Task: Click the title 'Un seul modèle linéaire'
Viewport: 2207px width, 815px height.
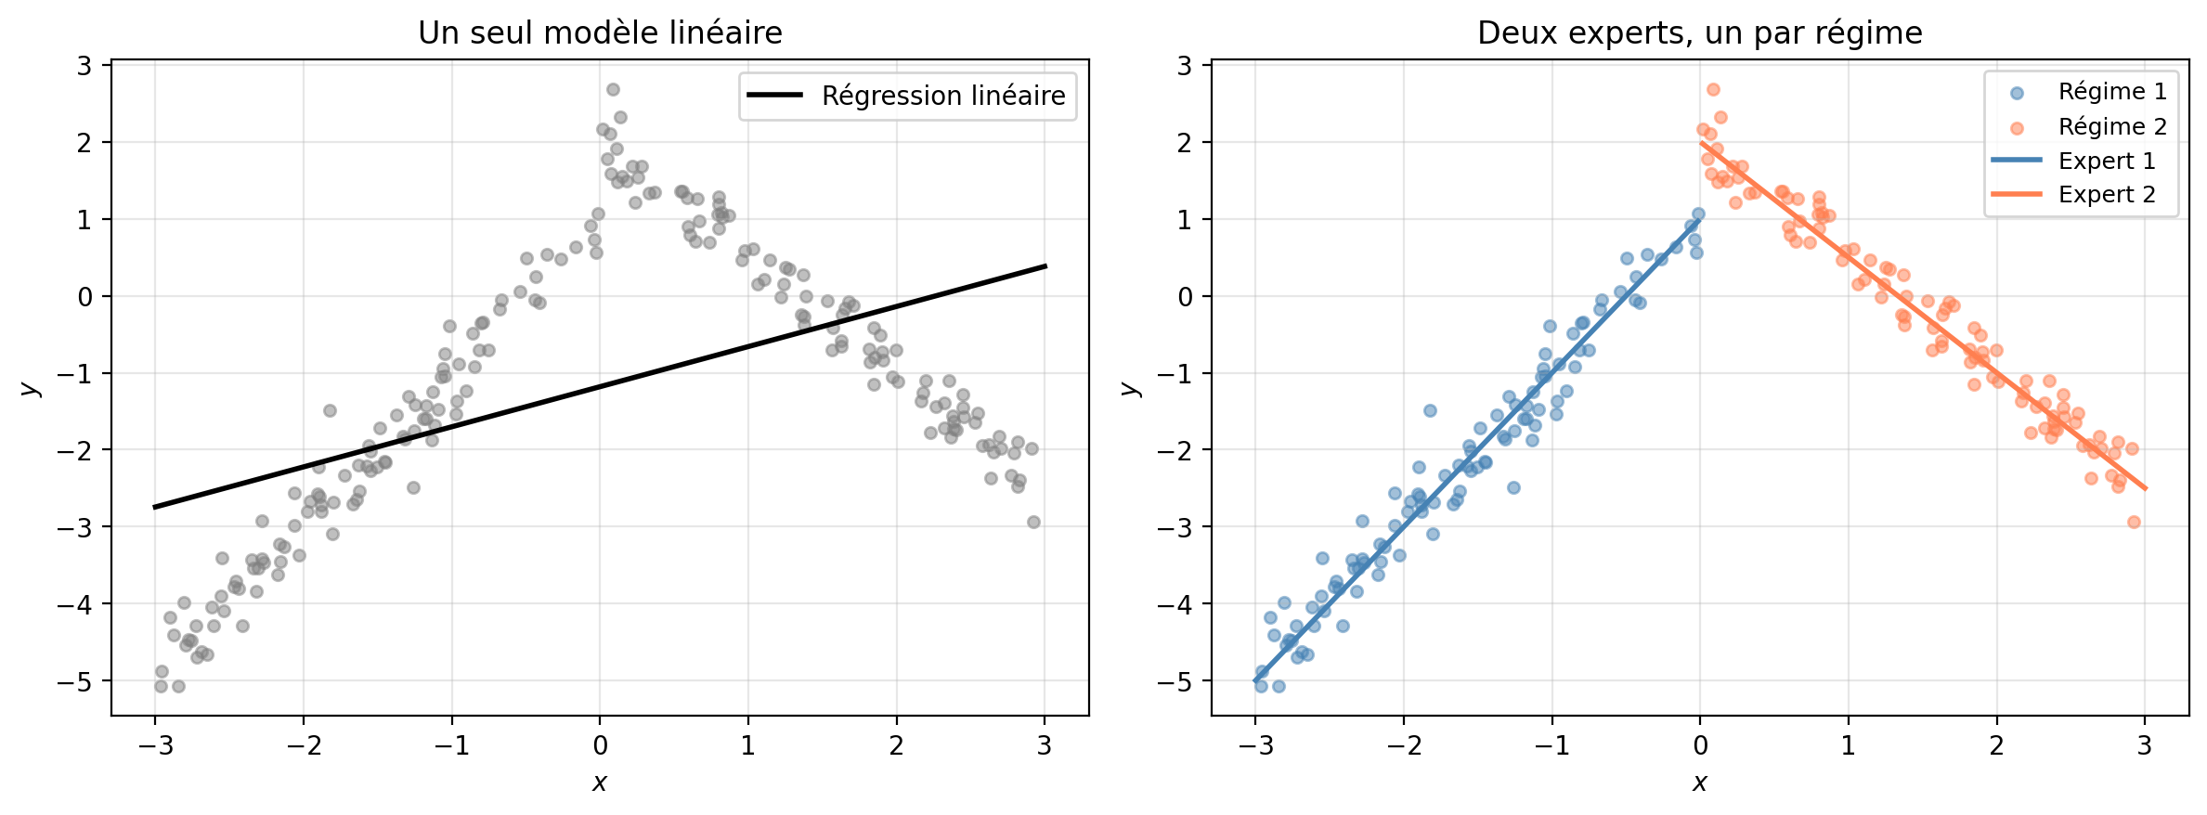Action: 600,32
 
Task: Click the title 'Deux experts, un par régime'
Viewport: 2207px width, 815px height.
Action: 1699,32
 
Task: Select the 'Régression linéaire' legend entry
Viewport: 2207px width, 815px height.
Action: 907,96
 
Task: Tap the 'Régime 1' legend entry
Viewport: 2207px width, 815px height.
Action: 2079,91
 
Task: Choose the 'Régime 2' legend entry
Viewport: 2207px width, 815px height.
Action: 2079,126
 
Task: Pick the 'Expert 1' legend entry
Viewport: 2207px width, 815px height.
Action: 2073,161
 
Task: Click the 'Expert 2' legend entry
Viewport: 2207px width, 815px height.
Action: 2073,194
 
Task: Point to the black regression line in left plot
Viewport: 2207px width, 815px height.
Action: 600,386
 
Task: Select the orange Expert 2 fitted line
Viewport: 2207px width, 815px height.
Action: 1922,315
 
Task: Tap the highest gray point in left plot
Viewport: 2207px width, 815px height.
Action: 613,89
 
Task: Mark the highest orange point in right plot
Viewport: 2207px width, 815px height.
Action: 1713,89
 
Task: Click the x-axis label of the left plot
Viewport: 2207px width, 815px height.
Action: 600,783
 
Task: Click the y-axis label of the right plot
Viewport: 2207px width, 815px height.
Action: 1130,388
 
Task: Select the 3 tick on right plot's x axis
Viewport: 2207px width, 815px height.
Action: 2145,745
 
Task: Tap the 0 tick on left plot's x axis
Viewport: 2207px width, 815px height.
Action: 600,745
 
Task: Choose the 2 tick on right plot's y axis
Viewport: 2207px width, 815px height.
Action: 1185,142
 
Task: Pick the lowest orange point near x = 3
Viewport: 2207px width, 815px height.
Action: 2134,522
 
